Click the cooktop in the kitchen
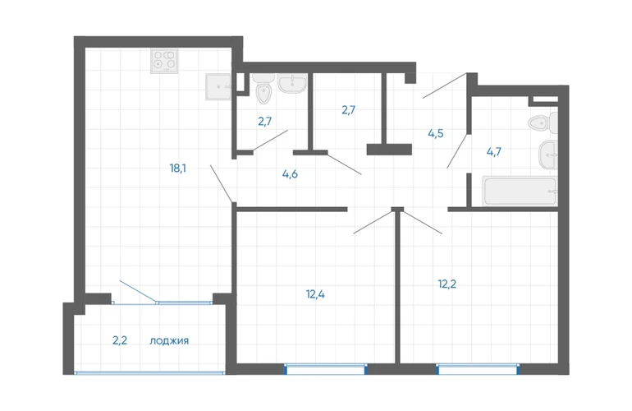pyautogui.click(x=164, y=61)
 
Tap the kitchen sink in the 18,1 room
pyautogui.click(x=218, y=86)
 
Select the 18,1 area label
pyautogui.click(x=178, y=168)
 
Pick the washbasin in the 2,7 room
pyautogui.click(x=293, y=83)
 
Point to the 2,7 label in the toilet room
pyautogui.click(x=265, y=121)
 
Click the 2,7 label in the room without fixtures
pyautogui.click(x=349, y=110)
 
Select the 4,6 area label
pyautogui.click(x=291, y=174)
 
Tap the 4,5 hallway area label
pyautogui.click(x=436, y=133)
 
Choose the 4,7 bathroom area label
pyautogui.click(x=494, y=152)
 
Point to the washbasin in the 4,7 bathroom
pyautogui.click(x=548, y=155)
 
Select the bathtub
pyautogui.click(x=520, y=191)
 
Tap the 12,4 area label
pyautogui.click(x=315, y=294)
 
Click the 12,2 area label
pyautogui.click(x=447, y=284)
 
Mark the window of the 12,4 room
pyautogui.click(x=326, y=369)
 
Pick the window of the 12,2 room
pyautogui.click(x=478, y=369)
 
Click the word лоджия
pyautogui.click(x=169, y=341)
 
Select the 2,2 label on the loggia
pyautogui.click(x=120, y=341)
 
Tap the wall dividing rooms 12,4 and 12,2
pyautogui.click(x=397, y=288)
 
